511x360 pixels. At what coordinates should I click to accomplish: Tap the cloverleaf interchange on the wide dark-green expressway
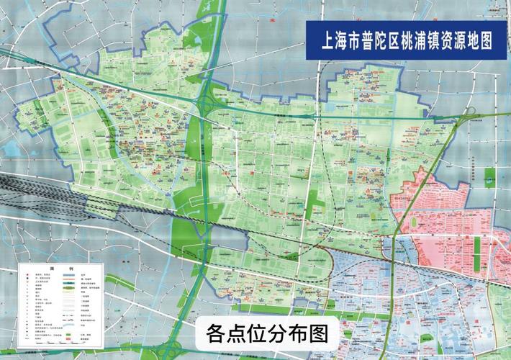(208, 104)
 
